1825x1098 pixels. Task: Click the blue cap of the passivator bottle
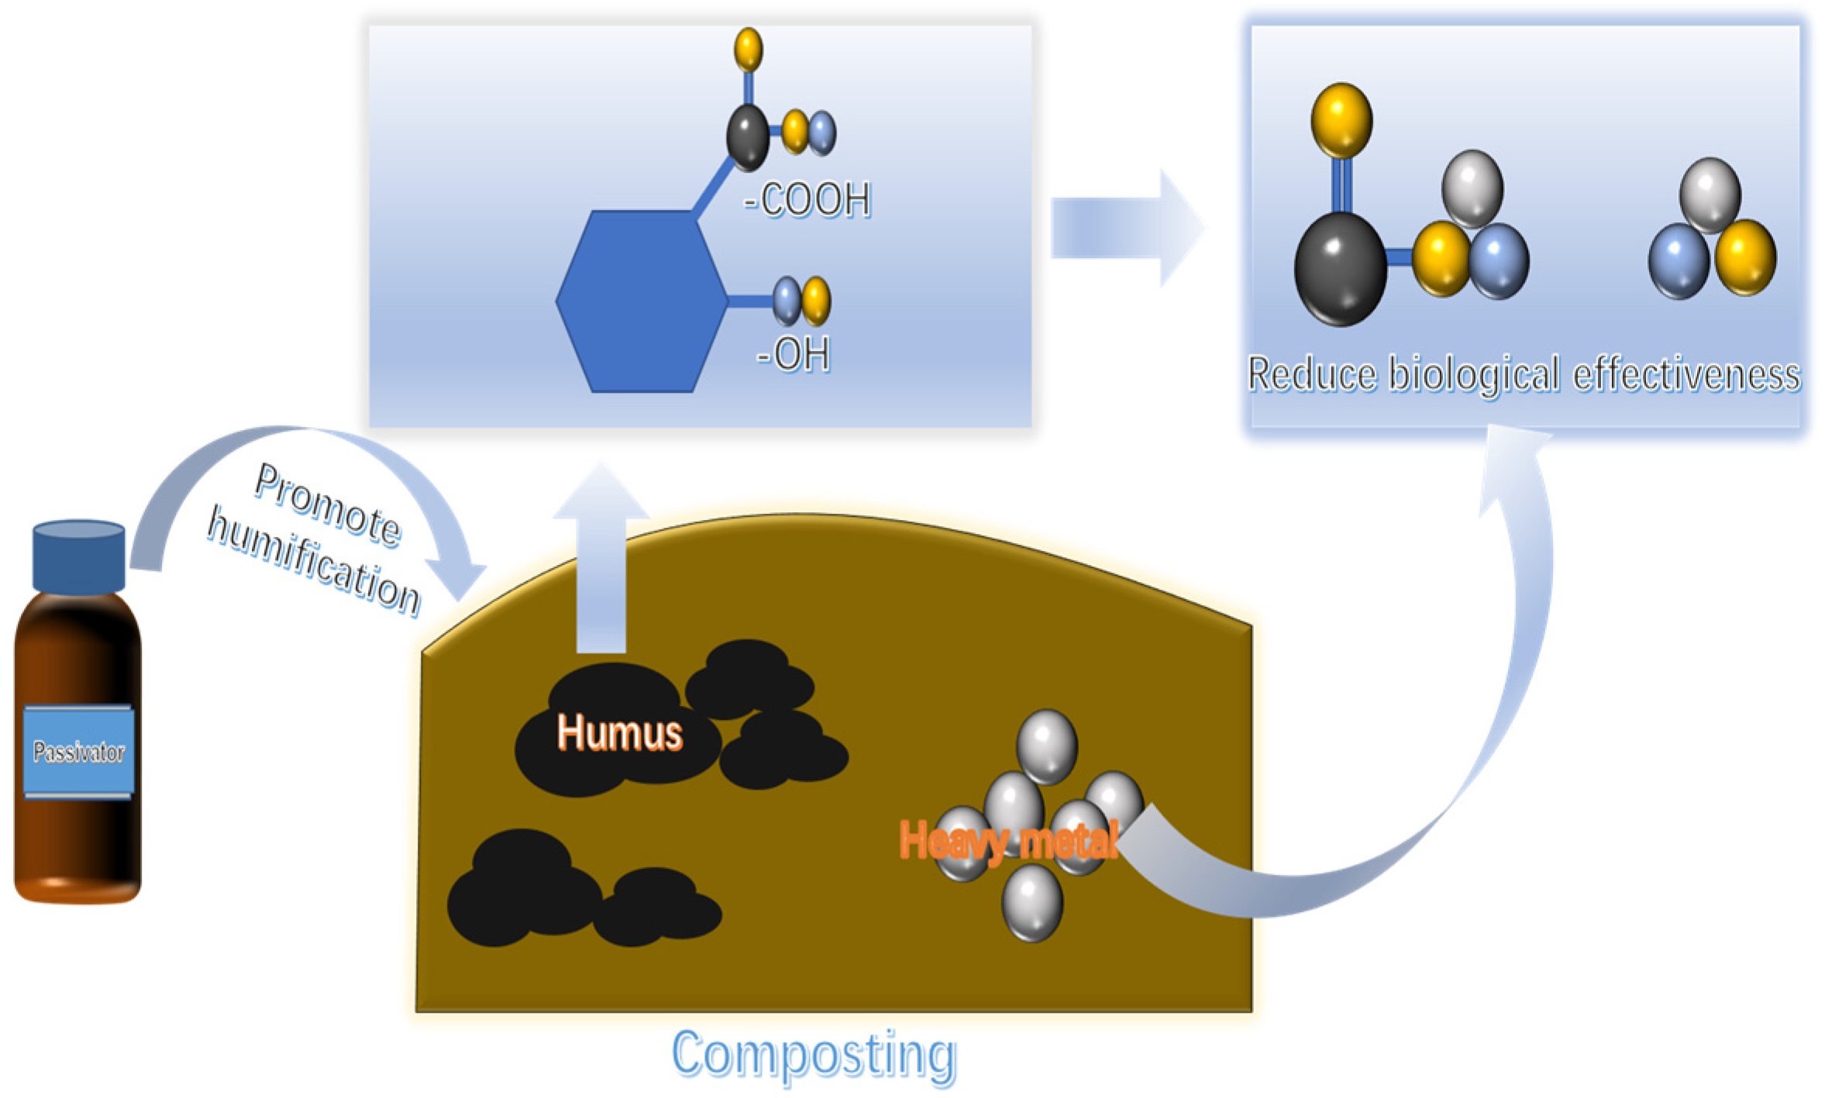coord(78,556)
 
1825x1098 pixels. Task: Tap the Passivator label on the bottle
coord(78,751)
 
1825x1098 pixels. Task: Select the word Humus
coord(619,732)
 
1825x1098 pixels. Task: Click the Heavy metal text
coord(1008,840)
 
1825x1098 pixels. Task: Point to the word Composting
coord(814,1055)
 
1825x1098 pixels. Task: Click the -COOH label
coord(807,200)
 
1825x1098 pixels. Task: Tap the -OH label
coord(793,355)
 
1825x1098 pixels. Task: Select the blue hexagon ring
coord(642,301)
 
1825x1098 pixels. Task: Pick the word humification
coord(314,560)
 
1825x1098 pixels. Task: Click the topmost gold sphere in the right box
coord(1341,121)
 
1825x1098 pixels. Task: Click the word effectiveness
coord(1686,375)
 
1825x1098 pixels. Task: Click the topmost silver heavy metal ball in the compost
coord(1046,746)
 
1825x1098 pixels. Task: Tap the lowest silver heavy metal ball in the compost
coord(1032,903)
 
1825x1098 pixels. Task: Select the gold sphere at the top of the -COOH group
coord(748,49)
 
